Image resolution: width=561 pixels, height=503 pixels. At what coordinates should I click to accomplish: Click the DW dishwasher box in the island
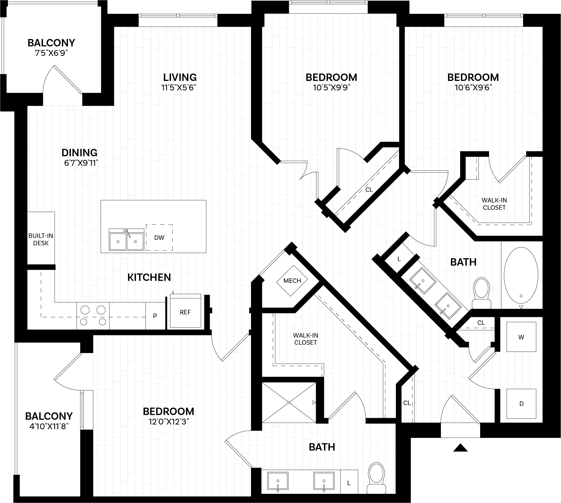coord(159,237)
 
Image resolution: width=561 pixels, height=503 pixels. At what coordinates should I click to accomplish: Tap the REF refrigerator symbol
coord(185,312)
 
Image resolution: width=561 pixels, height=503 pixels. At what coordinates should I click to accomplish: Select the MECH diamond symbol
coord(292,281)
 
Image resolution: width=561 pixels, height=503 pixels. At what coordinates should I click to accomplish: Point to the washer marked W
coord(521,337)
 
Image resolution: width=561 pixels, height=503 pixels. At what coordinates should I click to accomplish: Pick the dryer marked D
coord(521,404)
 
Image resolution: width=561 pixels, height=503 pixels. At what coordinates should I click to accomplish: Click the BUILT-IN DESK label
coord(41,239)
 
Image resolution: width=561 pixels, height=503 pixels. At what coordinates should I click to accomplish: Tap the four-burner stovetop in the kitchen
coord(93,316)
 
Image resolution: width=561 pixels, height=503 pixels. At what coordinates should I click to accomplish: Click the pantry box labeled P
coord(155,316)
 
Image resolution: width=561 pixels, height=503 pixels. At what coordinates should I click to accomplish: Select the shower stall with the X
coord(289,402)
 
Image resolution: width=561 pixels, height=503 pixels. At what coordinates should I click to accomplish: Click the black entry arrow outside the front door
coord(460,447)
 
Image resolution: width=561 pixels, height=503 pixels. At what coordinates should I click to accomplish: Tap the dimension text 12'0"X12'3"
coord(169,422)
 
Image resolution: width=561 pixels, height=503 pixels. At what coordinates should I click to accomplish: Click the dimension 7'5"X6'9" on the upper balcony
coord(51,53)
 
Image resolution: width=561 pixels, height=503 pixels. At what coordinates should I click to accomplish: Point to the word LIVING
coord(180,77)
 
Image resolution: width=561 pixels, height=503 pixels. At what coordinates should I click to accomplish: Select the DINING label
coord(80,153)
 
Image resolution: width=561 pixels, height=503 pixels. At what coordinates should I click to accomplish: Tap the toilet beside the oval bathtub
coord(481,293)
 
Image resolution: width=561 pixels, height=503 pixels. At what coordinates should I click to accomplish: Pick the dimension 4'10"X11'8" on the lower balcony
coord(49,426)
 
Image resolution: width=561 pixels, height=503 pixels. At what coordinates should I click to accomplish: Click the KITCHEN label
coord(149,277)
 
